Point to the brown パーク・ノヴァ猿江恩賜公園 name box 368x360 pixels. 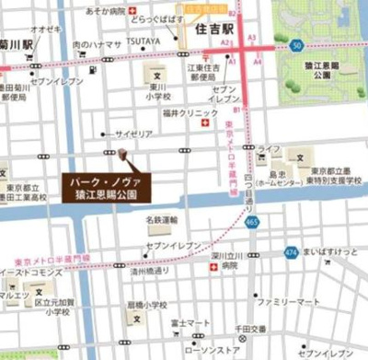click(x=108, y=189)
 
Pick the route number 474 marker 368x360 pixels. click(x=291, y=250)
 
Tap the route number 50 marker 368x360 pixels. click(x=295, y=43)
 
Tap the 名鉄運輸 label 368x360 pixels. click(x=161, y=220)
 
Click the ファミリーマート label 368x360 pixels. click(x=288, y=301)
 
